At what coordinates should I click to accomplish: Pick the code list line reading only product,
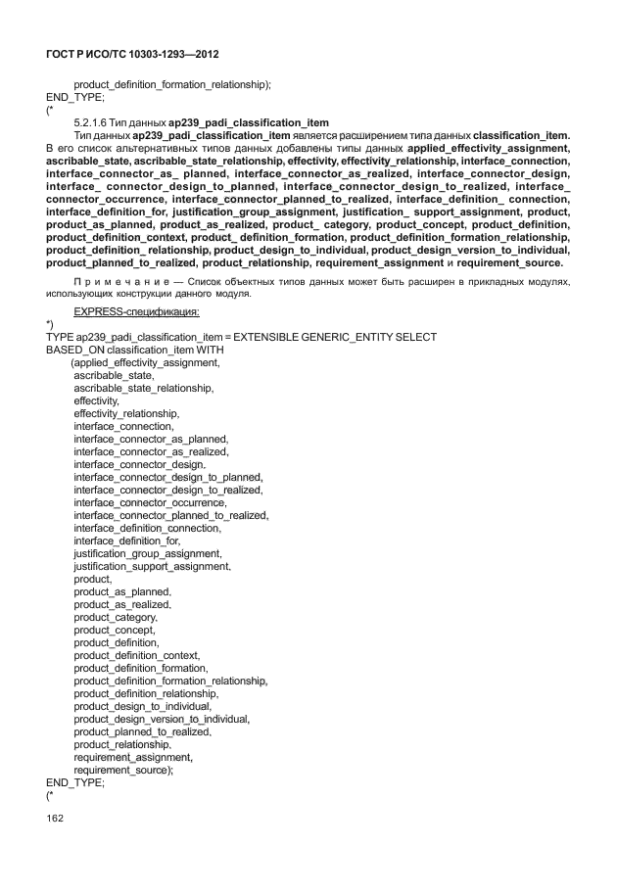tap(92, 579)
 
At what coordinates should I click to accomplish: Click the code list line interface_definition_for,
tap(127, 541)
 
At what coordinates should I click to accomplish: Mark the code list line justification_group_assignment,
tap(147, 553)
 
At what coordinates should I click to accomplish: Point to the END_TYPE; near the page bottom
tap(75, 782)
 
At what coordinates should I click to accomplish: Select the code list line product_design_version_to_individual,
tap(162, 719)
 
